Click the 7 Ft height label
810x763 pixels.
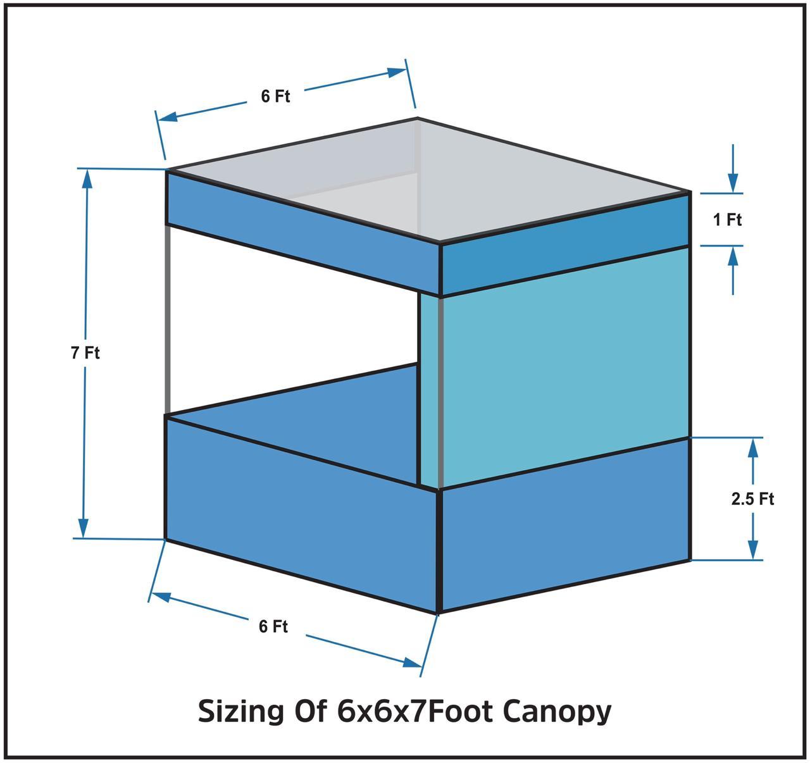pyautogui.click(x=85, y=352)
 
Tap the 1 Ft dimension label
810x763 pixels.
pyautogui.click(x=727, y=220)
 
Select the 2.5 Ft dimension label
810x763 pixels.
pyautogui.click(x=752, y=499)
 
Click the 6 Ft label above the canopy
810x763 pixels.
pyautogui.click(x=275, y=96)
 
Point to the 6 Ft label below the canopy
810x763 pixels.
pyautogui.click(x=273, y=626)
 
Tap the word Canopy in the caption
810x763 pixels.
pyautogui.click(x=558, y=711)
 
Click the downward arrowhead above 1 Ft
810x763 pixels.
pyautogui.click(x=733, y=184)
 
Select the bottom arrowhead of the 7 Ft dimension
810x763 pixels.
pyautogui.click(x=84, y=528)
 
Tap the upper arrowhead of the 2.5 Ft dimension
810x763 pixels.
pyautogui.click(x=752, y=447)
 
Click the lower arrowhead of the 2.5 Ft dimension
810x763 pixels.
pyautogui.click(x=752, y=550)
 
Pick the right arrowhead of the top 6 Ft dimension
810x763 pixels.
pyautogui.click(x=396, y=71)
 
